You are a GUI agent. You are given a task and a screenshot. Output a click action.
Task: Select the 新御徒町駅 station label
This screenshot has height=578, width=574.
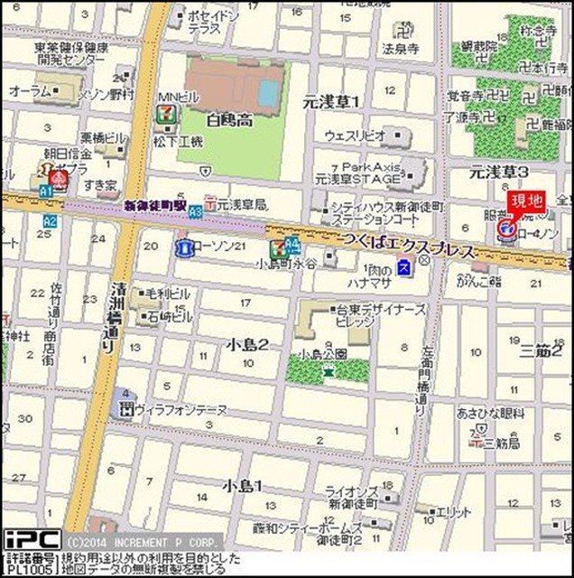click(x=154, y=206)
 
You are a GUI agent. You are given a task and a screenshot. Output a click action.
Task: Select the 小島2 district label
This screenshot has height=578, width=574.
click(x=246, y=344)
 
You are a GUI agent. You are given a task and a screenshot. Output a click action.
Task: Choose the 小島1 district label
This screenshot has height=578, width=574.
click(x=243, y=486)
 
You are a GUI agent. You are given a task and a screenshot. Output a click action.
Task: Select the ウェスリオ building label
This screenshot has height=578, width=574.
click(x=356, y=136)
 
